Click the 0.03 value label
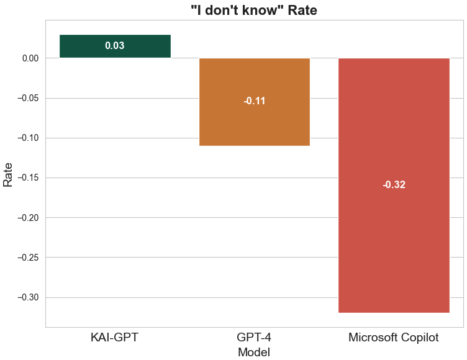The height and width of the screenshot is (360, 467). coord(115,46)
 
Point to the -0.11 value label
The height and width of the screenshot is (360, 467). coord(254,101)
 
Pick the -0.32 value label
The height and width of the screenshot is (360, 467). coord(394,185)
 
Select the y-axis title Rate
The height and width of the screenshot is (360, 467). coord(8,174)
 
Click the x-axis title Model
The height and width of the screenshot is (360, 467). coord(254,352)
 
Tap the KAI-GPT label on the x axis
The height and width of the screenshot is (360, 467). coord(114,338)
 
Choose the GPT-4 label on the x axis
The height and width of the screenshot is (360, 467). coord(254,338)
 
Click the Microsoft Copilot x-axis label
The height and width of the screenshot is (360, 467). coord(394,338)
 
